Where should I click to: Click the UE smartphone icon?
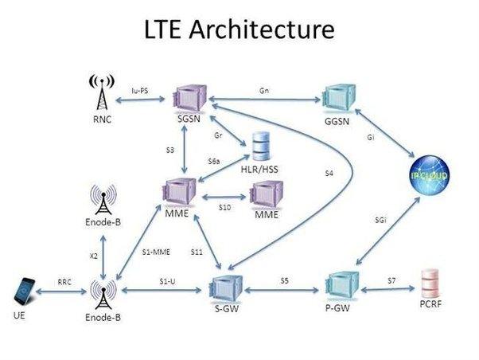point(25,292)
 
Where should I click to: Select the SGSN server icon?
point(190,98)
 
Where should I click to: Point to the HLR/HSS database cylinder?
point(261,147)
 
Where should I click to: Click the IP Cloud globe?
point(430,175)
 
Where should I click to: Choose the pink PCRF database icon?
point(430,284)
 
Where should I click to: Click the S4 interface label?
point(329,174)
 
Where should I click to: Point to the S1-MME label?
point(156,252)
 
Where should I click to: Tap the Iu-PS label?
point(140,91)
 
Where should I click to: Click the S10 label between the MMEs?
point(225,207)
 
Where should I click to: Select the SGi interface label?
point(380,220)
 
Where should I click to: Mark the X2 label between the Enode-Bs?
point(94,256)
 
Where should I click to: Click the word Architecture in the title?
point(262,29)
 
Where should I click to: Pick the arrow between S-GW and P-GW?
point(282,290)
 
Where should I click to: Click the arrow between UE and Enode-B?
point(61,292)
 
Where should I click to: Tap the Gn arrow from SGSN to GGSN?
point(264,100)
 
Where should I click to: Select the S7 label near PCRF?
point(391,280)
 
